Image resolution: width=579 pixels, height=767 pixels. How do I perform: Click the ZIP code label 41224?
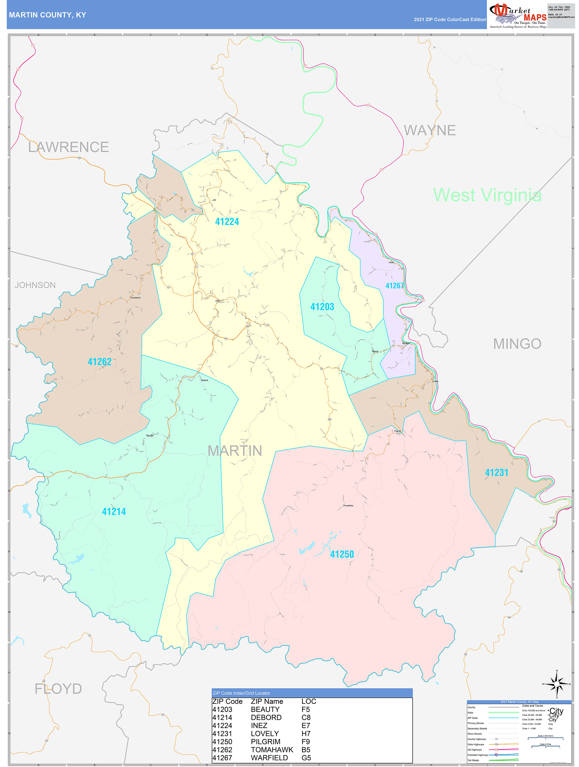tap(227, 222)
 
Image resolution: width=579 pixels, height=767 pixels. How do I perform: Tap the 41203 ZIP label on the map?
tap(322, 307)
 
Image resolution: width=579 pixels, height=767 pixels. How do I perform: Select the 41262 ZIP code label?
tap(99, 362)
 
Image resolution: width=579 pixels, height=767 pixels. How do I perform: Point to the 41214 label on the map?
tap(114, 512)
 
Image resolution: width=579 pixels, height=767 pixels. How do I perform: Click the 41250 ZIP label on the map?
tap(342, 554)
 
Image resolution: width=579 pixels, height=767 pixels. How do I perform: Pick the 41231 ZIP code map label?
tap(496, 473)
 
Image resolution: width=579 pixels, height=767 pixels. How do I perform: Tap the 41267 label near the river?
tap(395, 286)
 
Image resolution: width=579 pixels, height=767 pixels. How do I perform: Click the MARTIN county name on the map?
tap(235, 451)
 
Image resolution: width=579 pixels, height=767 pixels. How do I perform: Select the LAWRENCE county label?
tap(68, 147)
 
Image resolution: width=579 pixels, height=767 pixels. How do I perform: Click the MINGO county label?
tap(517, 344)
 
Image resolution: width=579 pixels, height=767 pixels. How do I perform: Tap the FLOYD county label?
tap(58, 689)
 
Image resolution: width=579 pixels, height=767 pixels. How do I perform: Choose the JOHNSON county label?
tap(35, 285)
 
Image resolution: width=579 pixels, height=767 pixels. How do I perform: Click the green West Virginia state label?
tap(487, 195)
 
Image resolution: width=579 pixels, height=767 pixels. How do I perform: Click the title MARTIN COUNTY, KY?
tap(47, 15)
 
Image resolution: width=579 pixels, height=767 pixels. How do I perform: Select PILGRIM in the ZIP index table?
tap(265, 742)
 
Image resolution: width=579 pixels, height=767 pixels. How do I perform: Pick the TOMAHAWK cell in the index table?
tap(272, 750)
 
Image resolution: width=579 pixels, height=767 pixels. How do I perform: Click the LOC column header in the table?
tap(309, 702)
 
